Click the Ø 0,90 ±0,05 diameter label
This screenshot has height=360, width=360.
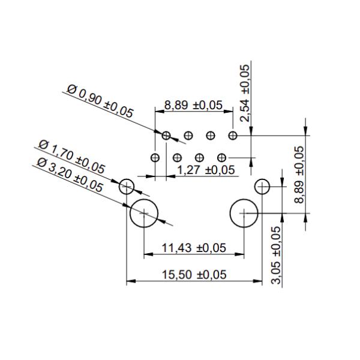coord(100,101)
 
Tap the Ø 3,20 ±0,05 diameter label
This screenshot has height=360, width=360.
coord(70,175)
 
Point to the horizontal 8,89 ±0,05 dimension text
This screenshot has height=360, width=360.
coord(193,105)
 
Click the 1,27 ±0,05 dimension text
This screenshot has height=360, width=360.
coord(206,170)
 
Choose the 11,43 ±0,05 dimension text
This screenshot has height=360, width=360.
coord(194,248)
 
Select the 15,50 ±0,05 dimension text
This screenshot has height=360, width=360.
coord(194,275)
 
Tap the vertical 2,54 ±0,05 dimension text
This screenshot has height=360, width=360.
coord(245,93)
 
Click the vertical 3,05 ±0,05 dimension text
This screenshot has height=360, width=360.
coord(276,256)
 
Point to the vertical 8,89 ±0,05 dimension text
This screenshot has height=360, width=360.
coord(299,175)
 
